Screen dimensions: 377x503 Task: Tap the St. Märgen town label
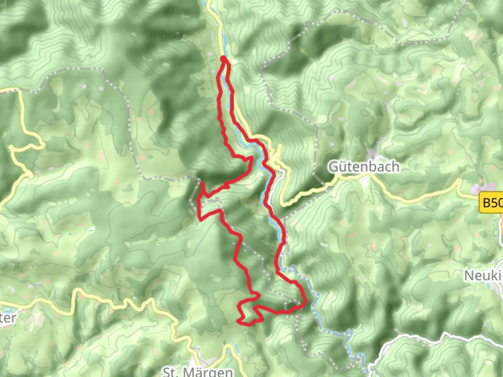click(198, 371)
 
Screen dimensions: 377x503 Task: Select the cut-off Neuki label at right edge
click(484, 275)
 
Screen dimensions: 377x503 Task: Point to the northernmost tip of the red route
click(223, 58)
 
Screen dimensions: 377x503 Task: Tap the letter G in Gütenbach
click(334, 167)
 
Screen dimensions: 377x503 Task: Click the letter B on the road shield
click(487, 202)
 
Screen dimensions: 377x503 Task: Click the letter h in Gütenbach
click(395, 167)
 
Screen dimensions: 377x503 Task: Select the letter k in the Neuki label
click(495, 276)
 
